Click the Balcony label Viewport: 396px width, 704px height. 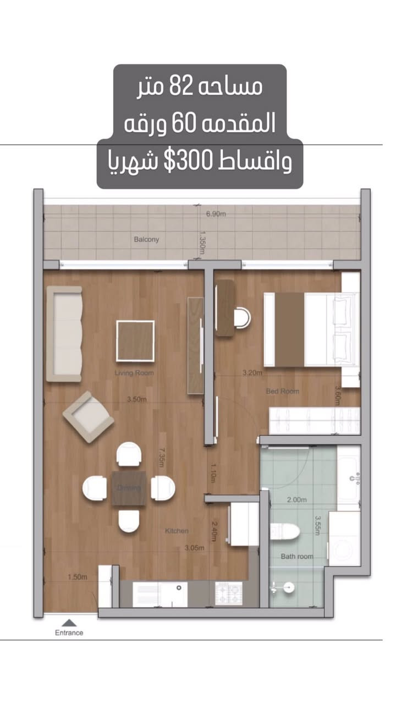point(146,239)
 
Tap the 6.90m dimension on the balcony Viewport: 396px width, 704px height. point(216,213)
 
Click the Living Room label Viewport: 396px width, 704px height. point(134,373)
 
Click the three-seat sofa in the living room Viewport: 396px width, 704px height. point(64,333)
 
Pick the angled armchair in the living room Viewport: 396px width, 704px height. point(88,417)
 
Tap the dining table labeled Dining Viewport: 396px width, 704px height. point(129,488)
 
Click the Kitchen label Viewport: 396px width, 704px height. point(177,531)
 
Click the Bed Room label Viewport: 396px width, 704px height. point(283,391)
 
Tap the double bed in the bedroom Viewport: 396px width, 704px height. point(311,329)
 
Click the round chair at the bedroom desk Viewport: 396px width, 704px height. point(241,317)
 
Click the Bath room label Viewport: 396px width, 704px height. point(297,556)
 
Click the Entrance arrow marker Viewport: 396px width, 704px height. point(69,623)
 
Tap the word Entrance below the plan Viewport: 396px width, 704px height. point(69,632)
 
